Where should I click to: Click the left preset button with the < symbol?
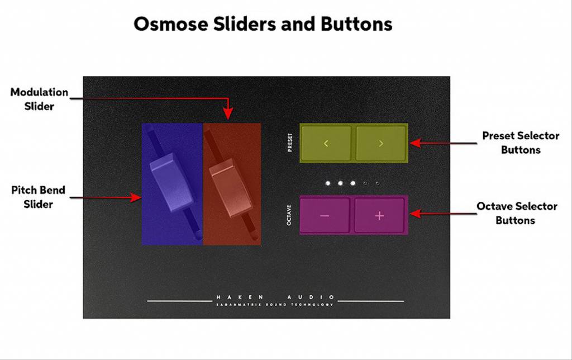pyautogui.click(x=326, y=143)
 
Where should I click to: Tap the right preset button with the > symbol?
pyautogui.click(x=381, y=143)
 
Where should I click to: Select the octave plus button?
pyautogui.click(x=379, y=215)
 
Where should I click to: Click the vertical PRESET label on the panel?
pyautogui.click(x=289, y=143)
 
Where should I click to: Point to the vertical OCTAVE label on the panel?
pyautogui.click(x=289, y=215)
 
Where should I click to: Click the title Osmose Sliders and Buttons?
pyautogui.click(x=263, y=24)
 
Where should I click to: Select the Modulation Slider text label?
pyautogui.click(x=39, y=99)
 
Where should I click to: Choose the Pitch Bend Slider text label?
pyautogui.click(x=38, y=197)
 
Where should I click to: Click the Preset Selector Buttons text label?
pyautogui.click(x=521, y=143)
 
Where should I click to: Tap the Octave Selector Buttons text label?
pyautogui.click(x=516, y=213)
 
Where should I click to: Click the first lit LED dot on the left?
pyautogui.click(x=328, y=183)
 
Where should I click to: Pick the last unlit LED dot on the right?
pyautogui.click(x=378, y=183)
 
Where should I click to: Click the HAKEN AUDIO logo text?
pyautogui.click(x=276, y=297)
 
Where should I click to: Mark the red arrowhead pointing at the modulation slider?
pyautogui.click(x=228, y=115)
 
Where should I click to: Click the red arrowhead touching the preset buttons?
pyautogui.click(x=414, y=143)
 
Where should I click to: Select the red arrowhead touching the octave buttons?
pyautogui.click(x=414, y=214)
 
